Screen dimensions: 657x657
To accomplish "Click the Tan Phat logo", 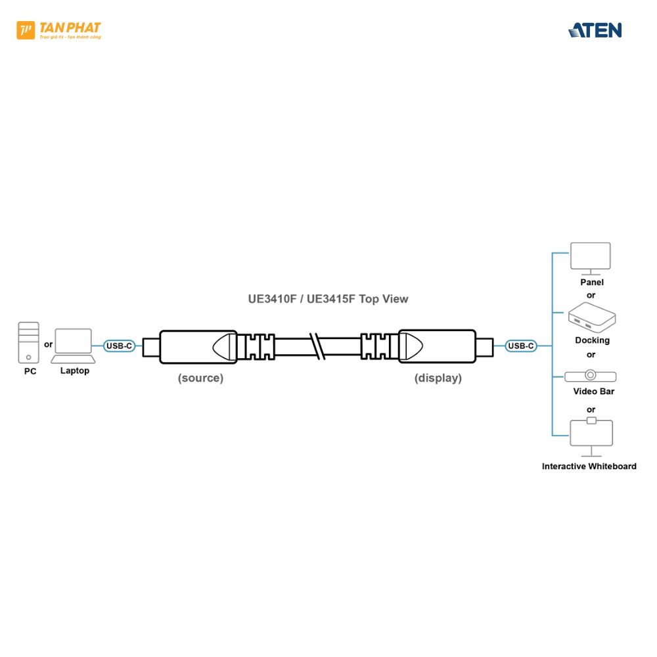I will pos(58,30).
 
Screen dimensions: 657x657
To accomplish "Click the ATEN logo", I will pos(595,30).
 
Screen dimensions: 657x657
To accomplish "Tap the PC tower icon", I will pos(29,342).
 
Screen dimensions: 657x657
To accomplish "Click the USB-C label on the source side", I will pos(120,346).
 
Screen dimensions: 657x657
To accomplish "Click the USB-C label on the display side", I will pos(521,346).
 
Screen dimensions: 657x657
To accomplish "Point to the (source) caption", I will pos(200,378).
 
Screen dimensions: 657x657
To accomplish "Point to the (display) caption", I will pos(438,378).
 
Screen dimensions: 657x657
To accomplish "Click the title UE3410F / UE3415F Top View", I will pos(328,299).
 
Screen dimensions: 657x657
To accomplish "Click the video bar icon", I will pos(591,376).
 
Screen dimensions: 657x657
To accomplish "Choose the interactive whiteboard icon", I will pos(591,436).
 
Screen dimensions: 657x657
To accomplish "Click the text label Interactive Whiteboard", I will pos(589,466).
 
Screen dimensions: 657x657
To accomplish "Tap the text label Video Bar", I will pos(593,392).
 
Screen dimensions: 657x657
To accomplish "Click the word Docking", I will pos(592,340).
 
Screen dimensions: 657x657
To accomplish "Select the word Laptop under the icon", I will pos(74,371).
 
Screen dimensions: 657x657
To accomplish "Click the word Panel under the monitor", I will pos(591,283).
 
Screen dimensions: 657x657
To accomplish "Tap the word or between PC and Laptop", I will pos(48,344).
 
